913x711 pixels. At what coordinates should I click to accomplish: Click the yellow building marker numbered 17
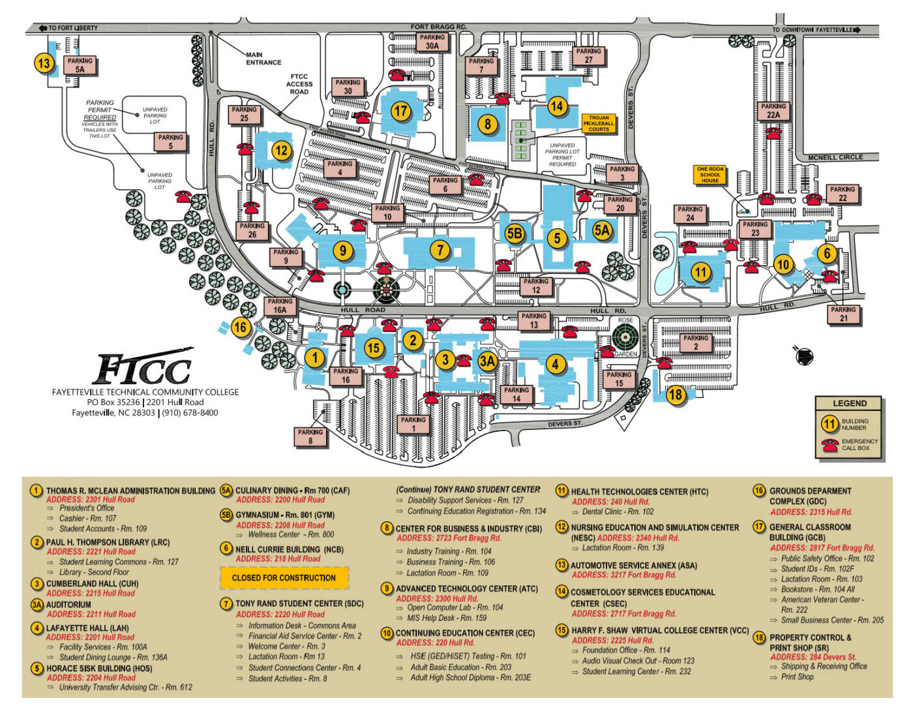pyautogui.click(x=400, y=111)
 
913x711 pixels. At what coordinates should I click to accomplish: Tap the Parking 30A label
pyautogui.click(x=432, y=42)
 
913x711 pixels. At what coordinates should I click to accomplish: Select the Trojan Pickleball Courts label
pyautogui.click(x=598, y=123)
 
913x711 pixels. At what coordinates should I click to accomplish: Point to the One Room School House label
pyautogui.click(x=710, y=175)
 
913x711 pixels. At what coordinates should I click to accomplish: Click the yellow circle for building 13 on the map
pyautogui.click(x=44, y=64)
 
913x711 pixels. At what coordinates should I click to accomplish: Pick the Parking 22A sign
pyautogui.click(x=773, y=110)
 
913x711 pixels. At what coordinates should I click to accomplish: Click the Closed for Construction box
pyautogui.click(x=284, y=578)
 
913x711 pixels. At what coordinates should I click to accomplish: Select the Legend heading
pyautogui.click(x=849, y=403)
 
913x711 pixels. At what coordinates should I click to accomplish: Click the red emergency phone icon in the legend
pyautogui.click(x=830, y=446)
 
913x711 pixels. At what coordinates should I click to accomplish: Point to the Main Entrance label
pyautogui.click(x=263, y=59)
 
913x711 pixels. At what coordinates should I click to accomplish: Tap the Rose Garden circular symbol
pyautogui.click(x=625, y=338)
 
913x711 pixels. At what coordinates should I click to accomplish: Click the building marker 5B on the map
pyautogui.click(x=515, y=234)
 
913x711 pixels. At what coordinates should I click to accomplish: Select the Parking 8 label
pyautogui.click(x=310, y=436)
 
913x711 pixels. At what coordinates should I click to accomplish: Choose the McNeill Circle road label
pyautogui.click(x=835, y=158)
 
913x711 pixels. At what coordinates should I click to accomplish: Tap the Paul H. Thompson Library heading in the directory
pyautogui.click(x=108, y=542)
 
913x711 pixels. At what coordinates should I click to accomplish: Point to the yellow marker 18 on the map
pyautogui.click(x=676, y=394)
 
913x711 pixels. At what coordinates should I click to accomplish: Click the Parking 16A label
pyautogui.click(x=280, y=306)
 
